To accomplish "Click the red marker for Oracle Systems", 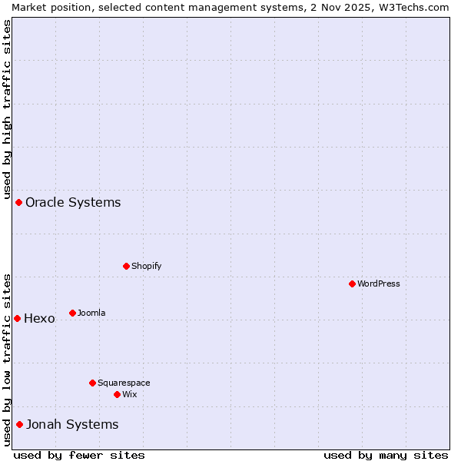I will (x=19, y=202).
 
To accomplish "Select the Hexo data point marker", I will (x=17, y=318).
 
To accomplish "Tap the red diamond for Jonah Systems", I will (x=19, y=424).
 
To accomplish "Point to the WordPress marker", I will (x=352, y=284).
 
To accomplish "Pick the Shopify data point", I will (x=126, y=266).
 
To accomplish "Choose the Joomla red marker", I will (x=72, y=313).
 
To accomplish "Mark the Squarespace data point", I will (x=92, y=383).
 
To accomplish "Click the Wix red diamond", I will (x=117, y=394).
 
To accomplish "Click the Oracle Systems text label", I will (x=73, y=203).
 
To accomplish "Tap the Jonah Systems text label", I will (x=72, y=424).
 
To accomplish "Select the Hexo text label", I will (x=39, y=319).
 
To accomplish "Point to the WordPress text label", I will (x=379, y=284).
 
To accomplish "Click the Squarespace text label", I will (x=124, y=383).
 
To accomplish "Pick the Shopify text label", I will (x=146, y=266).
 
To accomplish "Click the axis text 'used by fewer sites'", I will (x=79, y=455).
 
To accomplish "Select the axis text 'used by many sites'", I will (x=386, y=455).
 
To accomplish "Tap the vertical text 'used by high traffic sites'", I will (x=7, y=107).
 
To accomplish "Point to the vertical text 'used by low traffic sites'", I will (x=7, y=360).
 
